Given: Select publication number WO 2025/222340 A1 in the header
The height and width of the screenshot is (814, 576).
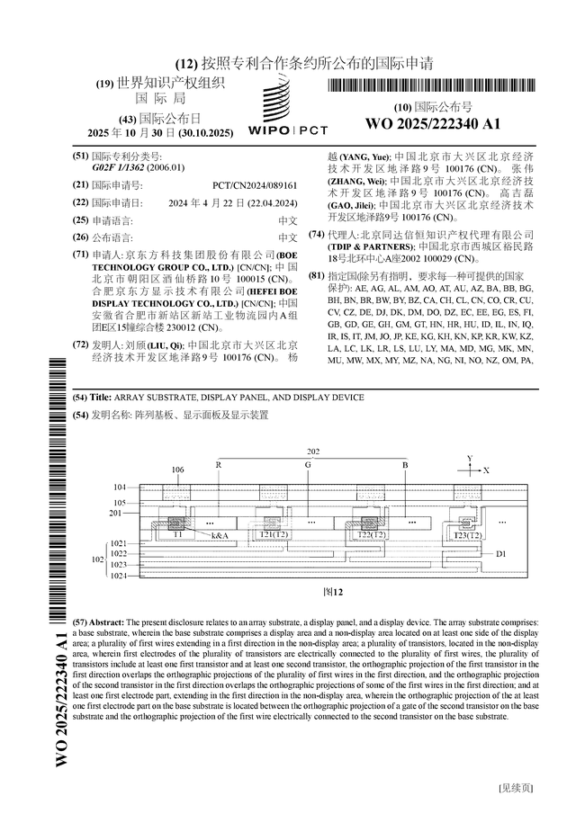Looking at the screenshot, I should pyautogui.click(x=432, y=123).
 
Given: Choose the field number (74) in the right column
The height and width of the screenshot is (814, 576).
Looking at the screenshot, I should pyautogui.click(x=316, y=234).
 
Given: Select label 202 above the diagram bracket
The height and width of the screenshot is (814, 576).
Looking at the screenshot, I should pyautogui.click(x=312, y=451).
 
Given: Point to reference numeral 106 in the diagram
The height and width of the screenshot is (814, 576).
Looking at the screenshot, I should pyautogui.click(x=177, y=470).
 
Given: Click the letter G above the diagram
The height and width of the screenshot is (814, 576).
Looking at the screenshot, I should pyautogui.click(x=308, y=465).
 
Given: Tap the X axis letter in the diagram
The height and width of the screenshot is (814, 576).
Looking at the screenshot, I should pyautogui.click(x=486, y=470).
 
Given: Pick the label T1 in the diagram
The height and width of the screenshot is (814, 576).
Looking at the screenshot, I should pyautogui.click(x=178, y=534).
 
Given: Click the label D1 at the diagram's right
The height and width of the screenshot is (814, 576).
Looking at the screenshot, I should pyautogui.click(x=501, y=554).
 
